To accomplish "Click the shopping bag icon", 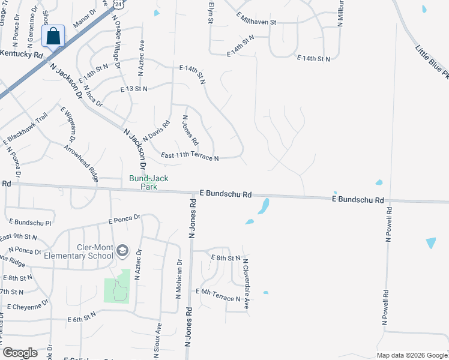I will (53, 36).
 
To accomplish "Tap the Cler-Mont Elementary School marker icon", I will (122, 250).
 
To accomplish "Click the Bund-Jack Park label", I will (143, 182).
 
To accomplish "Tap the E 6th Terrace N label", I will (218, 299).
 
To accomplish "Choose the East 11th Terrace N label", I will (190, 157).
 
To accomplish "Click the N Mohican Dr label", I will (179, 278).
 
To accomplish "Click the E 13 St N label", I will (133, 89).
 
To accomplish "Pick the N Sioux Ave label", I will (159, 340).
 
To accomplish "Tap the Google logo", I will (20, 353).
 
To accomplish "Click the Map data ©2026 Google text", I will (411, 355).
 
